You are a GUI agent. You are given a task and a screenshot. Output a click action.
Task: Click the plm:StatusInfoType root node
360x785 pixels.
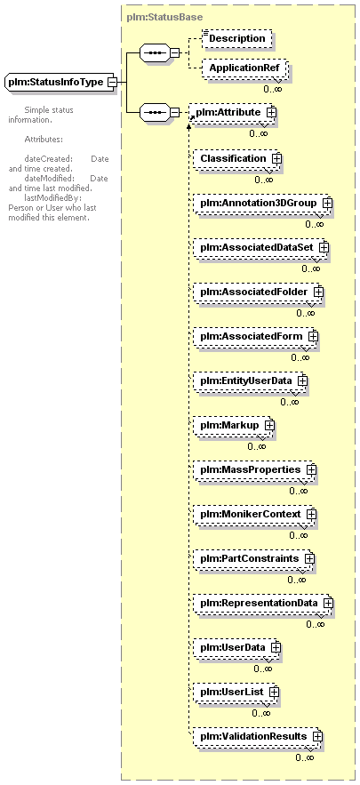60,81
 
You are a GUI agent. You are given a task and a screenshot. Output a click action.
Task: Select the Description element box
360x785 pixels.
237,38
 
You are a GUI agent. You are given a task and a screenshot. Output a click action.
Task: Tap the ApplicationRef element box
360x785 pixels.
244,68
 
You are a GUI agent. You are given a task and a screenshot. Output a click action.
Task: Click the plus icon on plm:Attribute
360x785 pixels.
271,113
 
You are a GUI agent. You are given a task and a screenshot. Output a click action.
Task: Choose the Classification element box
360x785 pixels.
236,158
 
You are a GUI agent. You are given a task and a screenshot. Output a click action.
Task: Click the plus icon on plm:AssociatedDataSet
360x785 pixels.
324,247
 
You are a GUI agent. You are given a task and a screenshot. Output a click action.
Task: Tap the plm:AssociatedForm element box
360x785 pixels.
255,336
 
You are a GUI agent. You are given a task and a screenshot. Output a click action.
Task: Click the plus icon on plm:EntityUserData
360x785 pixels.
302,380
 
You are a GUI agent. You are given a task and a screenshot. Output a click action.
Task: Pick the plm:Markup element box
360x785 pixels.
233,425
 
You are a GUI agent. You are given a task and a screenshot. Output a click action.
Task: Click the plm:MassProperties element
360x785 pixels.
254,469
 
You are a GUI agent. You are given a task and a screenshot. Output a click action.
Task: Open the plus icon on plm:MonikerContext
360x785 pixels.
311,514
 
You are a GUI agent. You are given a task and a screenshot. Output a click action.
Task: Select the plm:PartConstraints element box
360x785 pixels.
252,558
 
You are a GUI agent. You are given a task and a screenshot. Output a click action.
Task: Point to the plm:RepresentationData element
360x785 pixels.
262,603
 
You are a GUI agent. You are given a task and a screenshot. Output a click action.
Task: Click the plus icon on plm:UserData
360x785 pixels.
275,647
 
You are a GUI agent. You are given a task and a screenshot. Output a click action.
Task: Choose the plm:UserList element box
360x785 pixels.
236,692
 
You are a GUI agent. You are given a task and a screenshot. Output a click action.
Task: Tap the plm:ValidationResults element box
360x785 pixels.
257,736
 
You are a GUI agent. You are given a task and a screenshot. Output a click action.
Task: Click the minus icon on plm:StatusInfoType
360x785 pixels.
113,82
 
